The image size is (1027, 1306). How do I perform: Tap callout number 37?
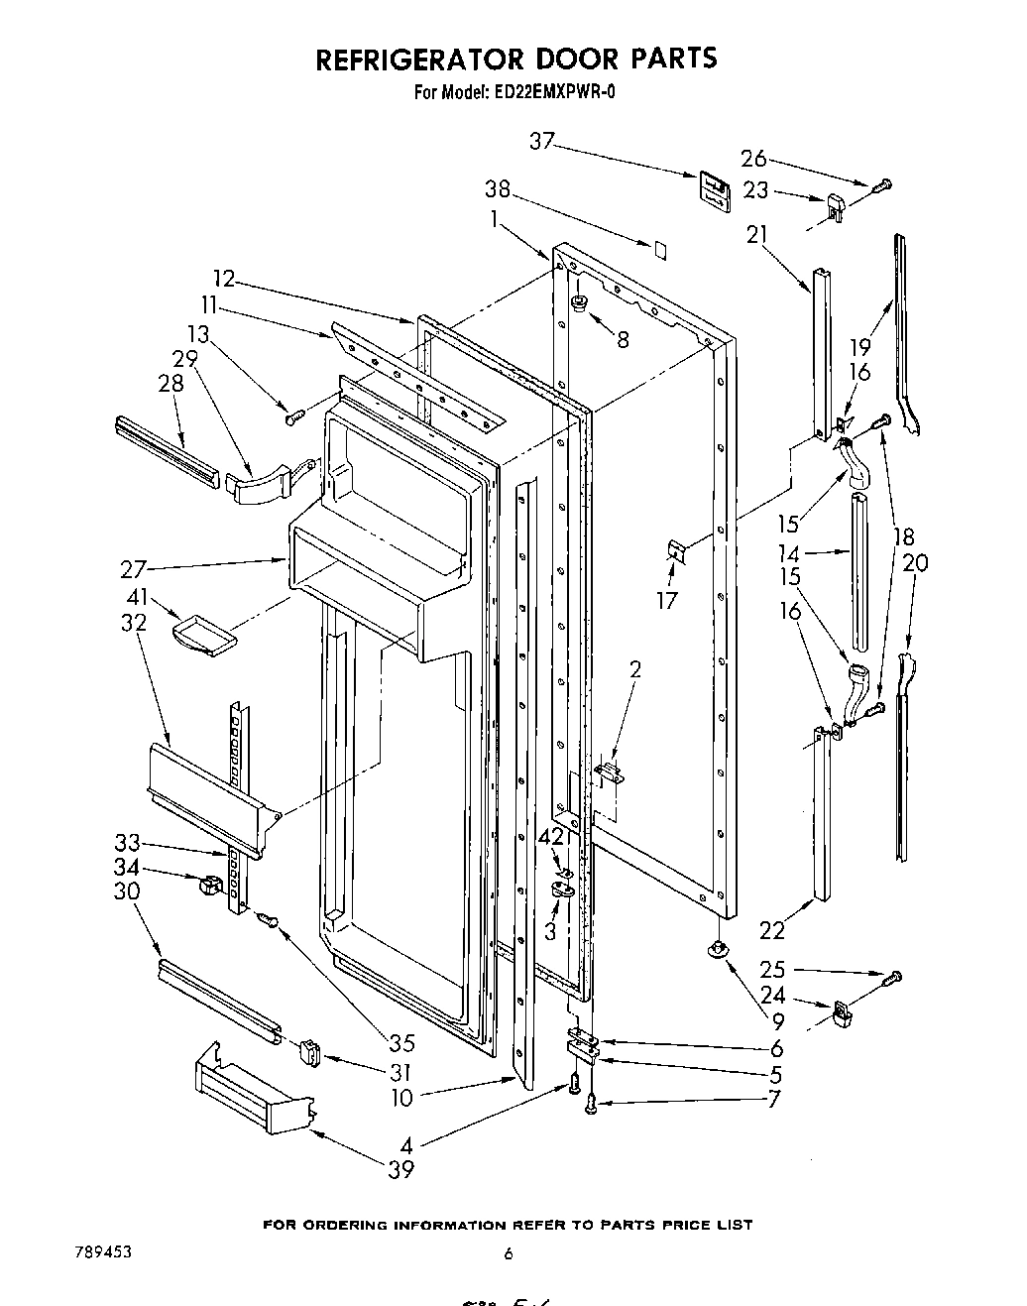[542, 142]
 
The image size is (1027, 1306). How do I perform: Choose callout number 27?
[134, 569]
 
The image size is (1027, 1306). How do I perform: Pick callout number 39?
[400, 1169]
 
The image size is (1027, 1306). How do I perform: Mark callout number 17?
[667, 600]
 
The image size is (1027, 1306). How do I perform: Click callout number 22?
[771, 929]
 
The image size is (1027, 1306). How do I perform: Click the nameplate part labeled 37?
[712, 188]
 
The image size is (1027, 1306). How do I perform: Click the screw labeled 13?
[292, 418]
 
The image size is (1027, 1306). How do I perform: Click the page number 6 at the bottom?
[509, 1253]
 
